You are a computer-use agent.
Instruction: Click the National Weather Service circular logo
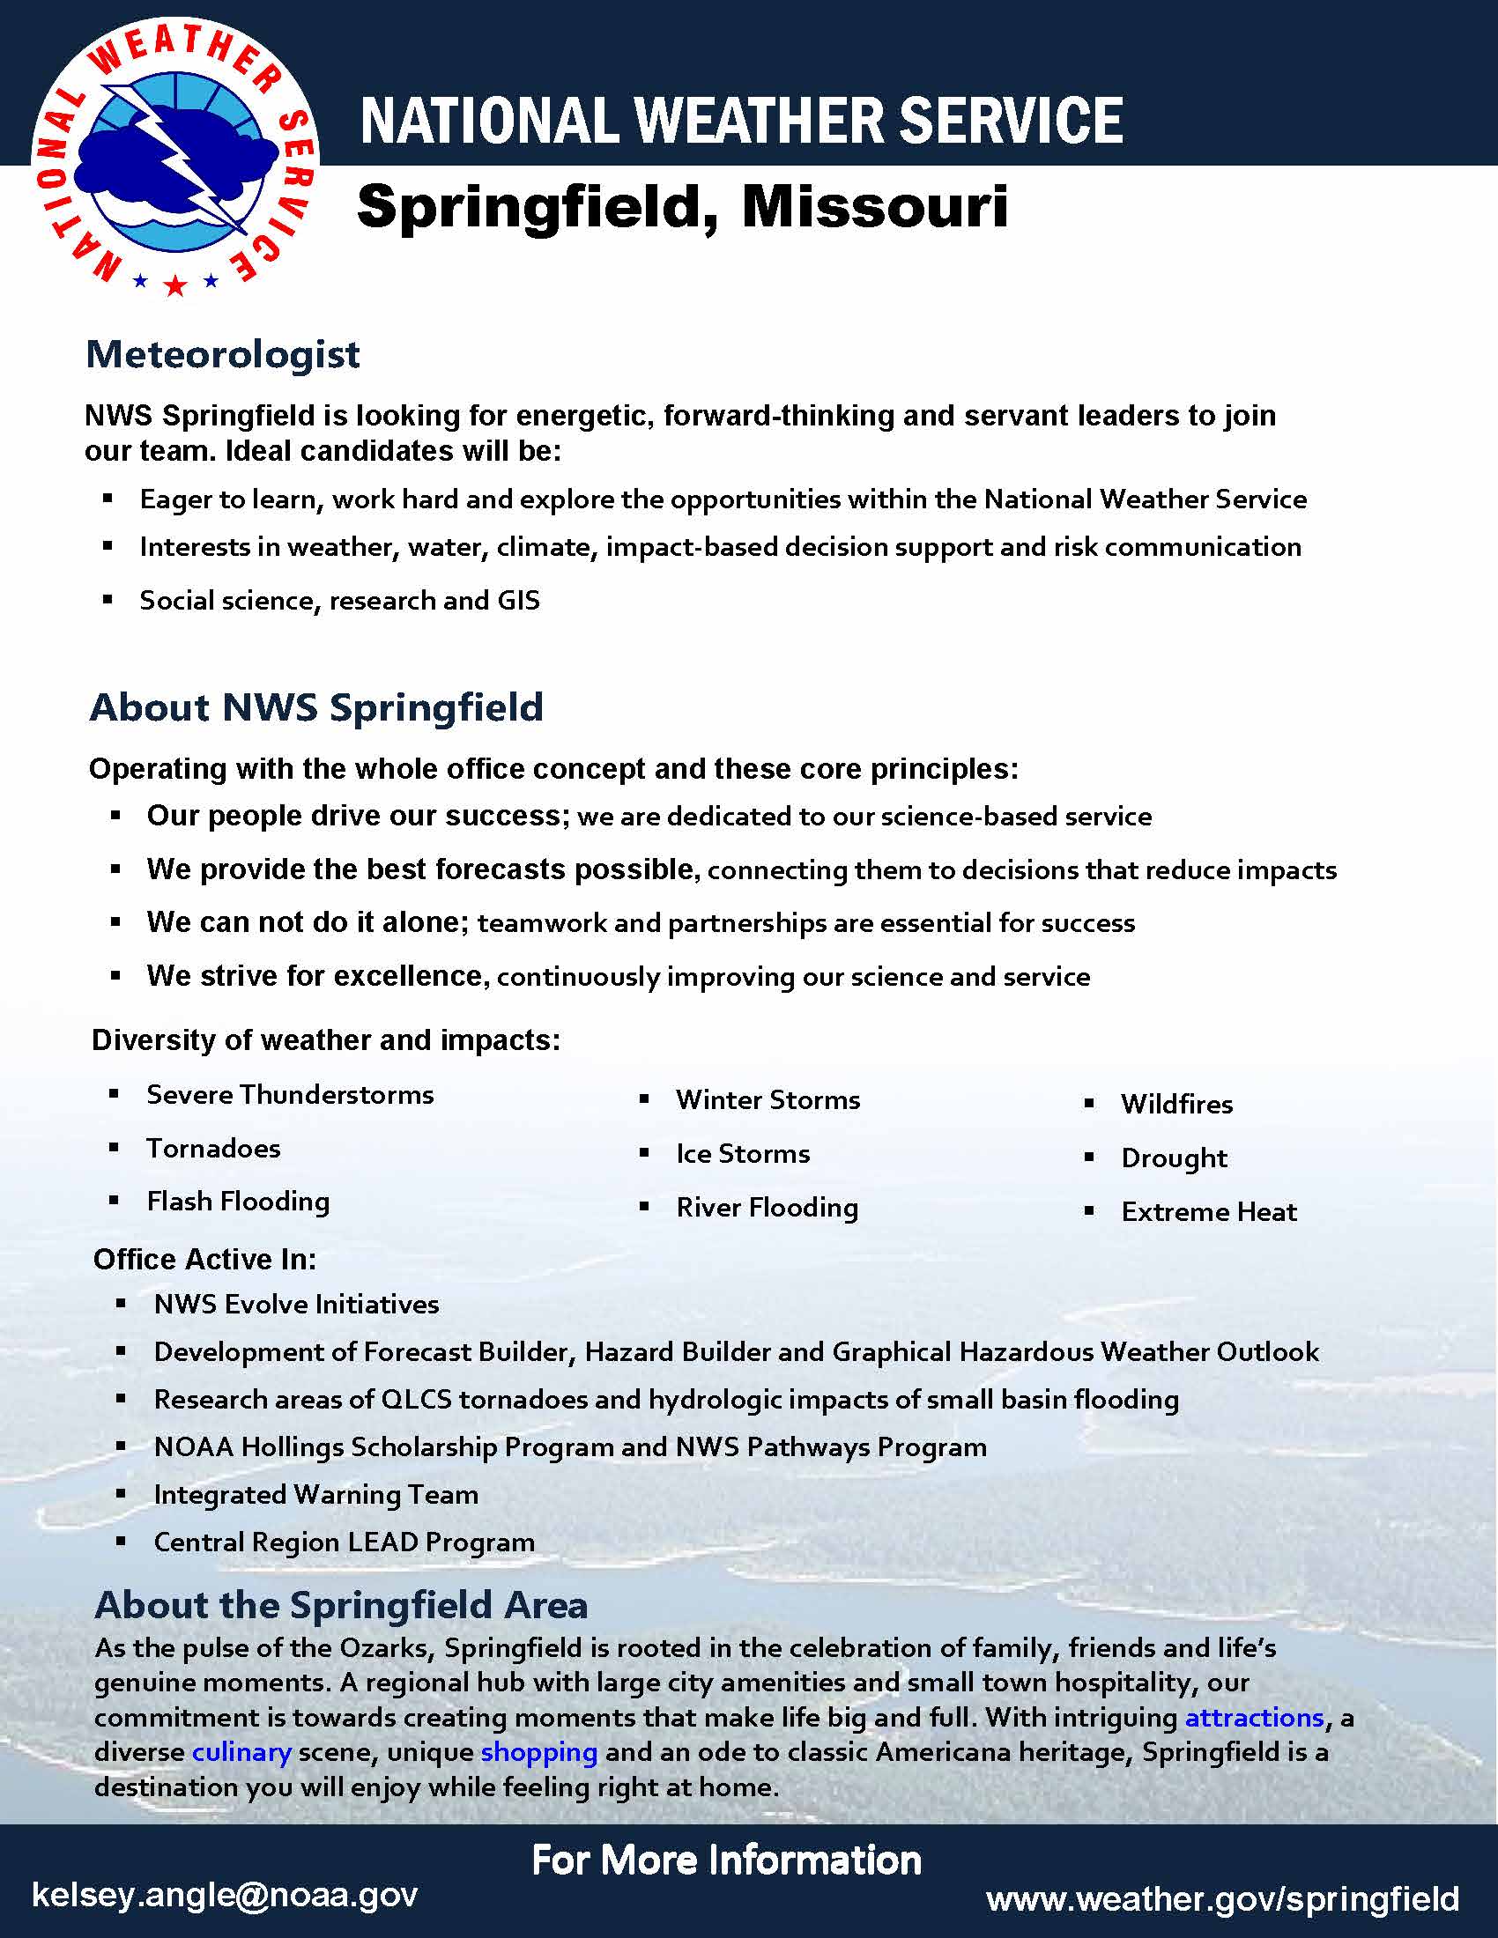pyautogui.click(x=174, y=157)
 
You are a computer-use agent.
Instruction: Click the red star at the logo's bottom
pyautogui.click(x=175, y=285)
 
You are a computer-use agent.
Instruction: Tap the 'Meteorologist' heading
pyautogui.click(x=223, y=355)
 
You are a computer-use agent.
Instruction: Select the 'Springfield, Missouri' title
pyautogui.click(x=681, y=208)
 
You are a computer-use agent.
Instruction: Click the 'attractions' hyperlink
pyautogui.click(x=1254, y=1717)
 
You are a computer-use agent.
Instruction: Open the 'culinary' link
pyautogui.click(x=241, y=1751)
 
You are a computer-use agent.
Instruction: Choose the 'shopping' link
pyautogui.click(x=538, y=1751)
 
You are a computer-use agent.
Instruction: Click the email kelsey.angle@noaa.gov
pyautogui.click(x=225, y=1894)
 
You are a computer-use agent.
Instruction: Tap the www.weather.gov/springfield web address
pyautogui.click(x=1222, y=1898)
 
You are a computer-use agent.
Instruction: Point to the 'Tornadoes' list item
pyautogui.click(x=213, y=1148)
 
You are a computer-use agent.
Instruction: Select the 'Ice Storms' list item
pyautogui.click(x=743, y=1154)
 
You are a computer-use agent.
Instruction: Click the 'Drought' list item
pyautogui.click(x=1173, y=1158)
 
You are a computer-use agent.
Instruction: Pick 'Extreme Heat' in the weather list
pyautogui.click(x=1209, y=1211)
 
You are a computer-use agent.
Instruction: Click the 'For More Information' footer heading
pyautogui.click(x=726, y=1859)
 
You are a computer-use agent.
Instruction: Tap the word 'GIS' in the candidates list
pyautogui.click(x=518, y=601)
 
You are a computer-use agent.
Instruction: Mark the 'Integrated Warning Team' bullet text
pyautogui.click(x=316, y=1494)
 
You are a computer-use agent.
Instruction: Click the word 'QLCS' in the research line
pyautogui.click(x=416, y=1400)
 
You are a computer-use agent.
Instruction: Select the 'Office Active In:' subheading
pyautogui.click(x=204, y=1259)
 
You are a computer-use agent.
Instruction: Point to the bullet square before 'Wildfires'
pyautogui.click(x=1089, y=1104)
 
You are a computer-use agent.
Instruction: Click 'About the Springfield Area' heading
pyautogui.click(x=341, y=1605)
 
